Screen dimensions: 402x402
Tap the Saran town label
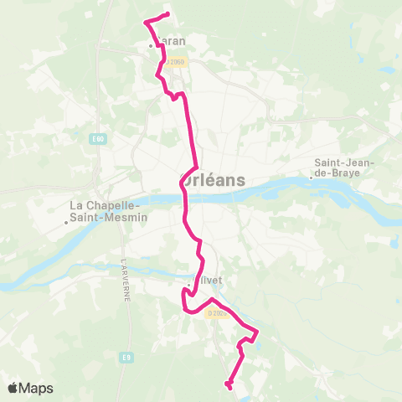point(170,40)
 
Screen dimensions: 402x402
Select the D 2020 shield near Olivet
point(217,313)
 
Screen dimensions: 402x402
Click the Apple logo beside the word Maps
point(13,388)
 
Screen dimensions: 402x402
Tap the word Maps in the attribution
point(37,388)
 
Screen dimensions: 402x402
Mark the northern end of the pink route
point(168,15)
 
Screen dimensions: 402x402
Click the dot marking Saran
point(151,45)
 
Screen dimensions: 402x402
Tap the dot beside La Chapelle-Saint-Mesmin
point(66,222)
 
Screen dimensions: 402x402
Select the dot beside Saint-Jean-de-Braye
point(311,177)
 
